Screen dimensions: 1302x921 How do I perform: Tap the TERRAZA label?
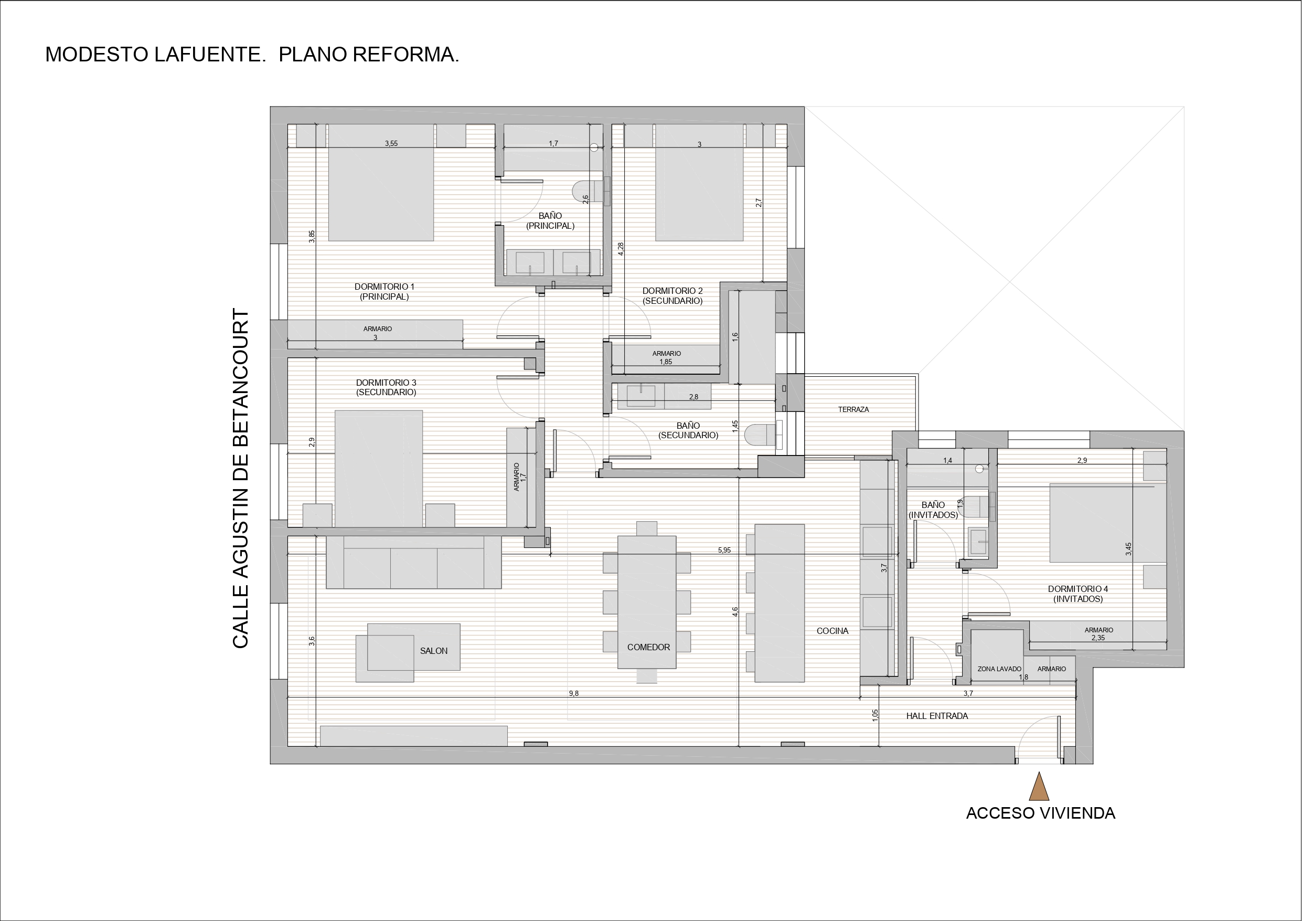[x=853, y=409]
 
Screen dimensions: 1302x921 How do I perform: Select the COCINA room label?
[x=833, y=631]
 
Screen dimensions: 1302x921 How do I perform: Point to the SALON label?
[x=434, y=651]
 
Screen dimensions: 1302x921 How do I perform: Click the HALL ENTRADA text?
[x=937, y=716]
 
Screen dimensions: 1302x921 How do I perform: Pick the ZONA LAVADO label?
[x=999, y=669]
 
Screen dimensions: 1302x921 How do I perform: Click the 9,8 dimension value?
[x=573, y=693]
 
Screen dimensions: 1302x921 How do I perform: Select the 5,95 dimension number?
[x=724, y=550]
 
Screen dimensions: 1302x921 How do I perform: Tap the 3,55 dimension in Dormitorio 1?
[x=391, y=144]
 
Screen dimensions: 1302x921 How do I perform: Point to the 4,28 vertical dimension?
[x=621, y=249]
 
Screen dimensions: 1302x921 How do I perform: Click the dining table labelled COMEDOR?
[x=646, y=602]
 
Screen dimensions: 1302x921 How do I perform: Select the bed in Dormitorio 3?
[x=379, y=469]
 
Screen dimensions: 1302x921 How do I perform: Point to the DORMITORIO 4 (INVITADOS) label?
[x=1078, y=594]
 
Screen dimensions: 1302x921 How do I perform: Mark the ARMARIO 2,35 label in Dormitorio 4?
[x=1099, y=634]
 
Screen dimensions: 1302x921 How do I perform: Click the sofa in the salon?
[x=413, y=562]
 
